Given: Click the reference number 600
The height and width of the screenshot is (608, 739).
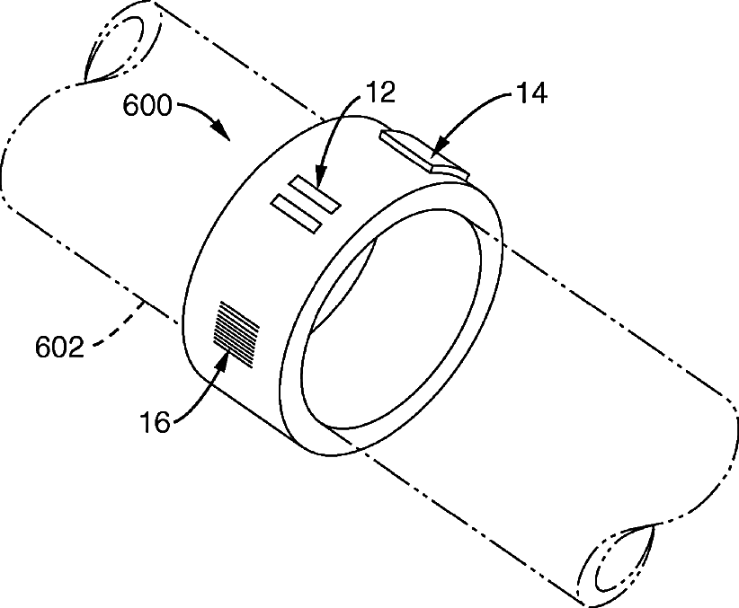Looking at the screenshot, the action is click(147, 106).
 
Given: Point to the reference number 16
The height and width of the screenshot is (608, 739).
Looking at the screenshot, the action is click(155, 422).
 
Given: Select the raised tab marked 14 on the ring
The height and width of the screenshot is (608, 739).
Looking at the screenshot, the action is click(423, 150).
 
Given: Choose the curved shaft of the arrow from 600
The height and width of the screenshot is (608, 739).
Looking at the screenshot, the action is click(193, 107).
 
